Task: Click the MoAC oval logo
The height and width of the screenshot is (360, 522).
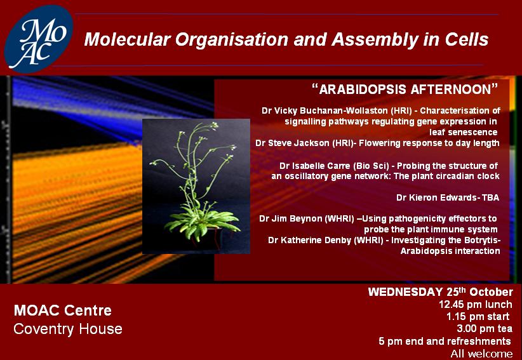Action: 39,39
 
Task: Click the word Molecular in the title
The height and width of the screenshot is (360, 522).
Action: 127,39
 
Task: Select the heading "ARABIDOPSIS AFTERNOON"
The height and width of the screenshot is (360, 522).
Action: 405,90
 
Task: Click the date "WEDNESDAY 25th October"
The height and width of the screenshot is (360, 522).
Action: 441,292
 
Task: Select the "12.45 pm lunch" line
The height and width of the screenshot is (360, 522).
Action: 476,304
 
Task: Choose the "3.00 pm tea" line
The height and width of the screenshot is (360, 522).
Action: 485,329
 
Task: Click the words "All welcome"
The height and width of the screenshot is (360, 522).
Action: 481,354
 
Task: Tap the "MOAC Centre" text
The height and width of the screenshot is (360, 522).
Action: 63,310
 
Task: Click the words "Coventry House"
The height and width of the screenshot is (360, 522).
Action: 68,329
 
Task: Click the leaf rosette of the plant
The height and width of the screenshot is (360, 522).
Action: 201,221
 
